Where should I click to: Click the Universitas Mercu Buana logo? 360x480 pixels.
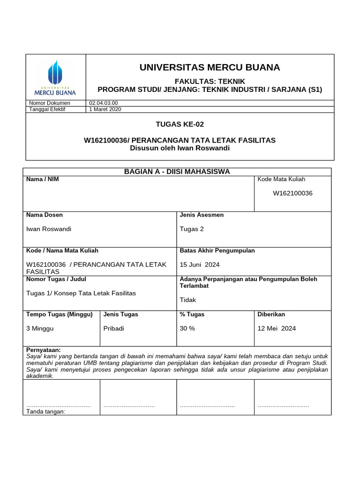point(55,77)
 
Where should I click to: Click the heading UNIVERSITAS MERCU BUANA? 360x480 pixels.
point(210,67)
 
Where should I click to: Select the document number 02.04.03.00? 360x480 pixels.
point(104,103)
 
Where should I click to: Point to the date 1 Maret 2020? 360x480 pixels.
point(105,109)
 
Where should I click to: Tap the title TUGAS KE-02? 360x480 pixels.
point(180,124)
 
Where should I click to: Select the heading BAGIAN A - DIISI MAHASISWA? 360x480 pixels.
point(177,172)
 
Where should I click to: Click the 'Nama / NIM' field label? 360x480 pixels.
point(43,179)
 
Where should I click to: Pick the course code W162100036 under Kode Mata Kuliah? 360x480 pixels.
point(293,193)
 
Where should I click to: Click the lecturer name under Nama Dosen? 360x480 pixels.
point(49,229)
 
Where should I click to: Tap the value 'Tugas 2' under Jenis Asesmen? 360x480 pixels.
point(192,229)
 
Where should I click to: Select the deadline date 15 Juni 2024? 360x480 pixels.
point(200,264)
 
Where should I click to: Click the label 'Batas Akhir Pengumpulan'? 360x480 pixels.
point(217,250)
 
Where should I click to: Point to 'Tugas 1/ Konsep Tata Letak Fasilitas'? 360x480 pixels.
point(81,293)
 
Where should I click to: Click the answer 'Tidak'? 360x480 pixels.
point(188,300)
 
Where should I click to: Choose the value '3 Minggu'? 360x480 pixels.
point(40,328)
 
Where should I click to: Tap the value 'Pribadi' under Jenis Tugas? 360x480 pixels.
point(113,328)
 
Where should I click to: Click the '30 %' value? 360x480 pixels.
point(187,328)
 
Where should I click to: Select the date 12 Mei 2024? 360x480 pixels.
point(277,328)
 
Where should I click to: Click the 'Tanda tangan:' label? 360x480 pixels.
point(45,412)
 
